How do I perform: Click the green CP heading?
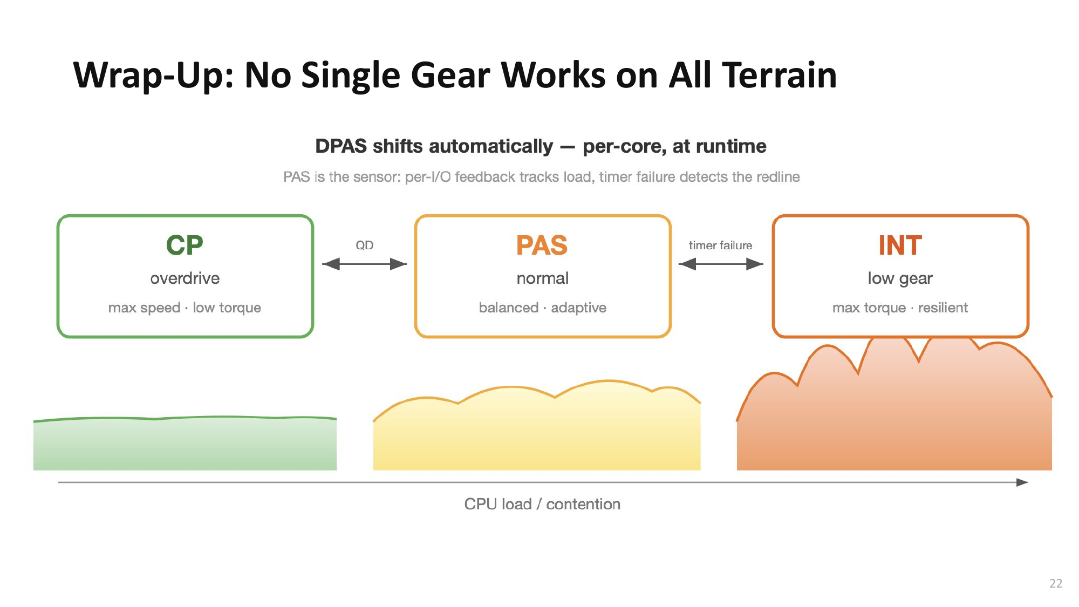[185, 245]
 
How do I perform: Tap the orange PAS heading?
[542, 245]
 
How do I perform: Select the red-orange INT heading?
[900, 245]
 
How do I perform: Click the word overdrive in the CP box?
[185, 278]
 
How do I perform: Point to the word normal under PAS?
[542, 278]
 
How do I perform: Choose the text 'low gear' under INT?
[900, 278]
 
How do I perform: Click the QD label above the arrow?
[364, 245]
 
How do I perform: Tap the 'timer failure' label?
[720, 245]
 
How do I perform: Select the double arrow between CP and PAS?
[364, 264]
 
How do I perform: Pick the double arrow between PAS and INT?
[720, 264]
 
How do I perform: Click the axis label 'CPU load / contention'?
[542, 504]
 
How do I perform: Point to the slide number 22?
[1056, 583]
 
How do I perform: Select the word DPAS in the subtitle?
[341, 146]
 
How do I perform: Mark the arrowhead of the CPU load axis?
[1022, 482]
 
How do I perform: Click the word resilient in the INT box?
[943, 308]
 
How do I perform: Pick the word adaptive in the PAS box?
[578, 308]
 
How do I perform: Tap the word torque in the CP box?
[240, 308]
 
